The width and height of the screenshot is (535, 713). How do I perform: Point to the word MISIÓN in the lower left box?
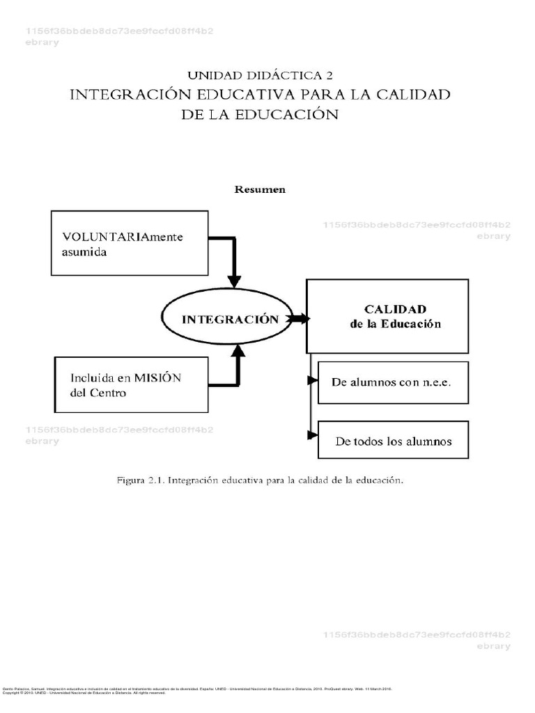(157, 378)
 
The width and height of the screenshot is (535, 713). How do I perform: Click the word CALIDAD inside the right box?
(395, 308)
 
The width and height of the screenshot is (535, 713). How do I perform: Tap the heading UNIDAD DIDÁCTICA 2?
(259, 75)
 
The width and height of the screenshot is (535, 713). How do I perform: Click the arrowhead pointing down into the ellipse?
(234, 280)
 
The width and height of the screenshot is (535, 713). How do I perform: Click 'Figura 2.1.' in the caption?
(141, 480)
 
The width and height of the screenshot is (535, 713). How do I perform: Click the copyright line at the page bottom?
(84, 693)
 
